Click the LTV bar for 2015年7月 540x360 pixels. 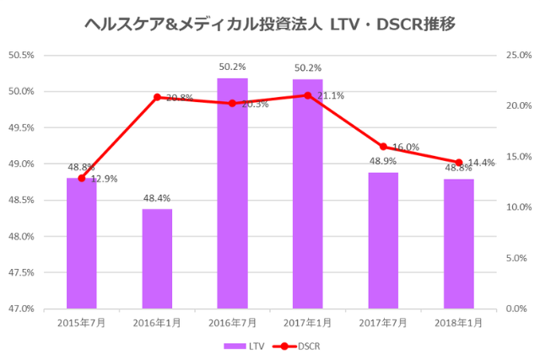click(x=82, y=244)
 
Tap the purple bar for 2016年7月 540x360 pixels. click(x=233, y=194)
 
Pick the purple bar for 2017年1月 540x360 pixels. click(x=308, y=194)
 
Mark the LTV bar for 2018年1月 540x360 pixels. click(x=459, y=244)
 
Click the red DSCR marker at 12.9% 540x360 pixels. click(x=82, y=178)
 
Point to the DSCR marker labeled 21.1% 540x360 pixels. click(x=308, y=95)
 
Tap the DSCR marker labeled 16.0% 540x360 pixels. click(x=383, y=147)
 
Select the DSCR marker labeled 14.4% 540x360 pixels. click(x=459, y=163)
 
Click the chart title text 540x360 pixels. click(x=270, y=24)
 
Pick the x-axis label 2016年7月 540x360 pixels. click(x=233, y=322)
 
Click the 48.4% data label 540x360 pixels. click(x=157, y=199)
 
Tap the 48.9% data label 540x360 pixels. click(x=383, y=161)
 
